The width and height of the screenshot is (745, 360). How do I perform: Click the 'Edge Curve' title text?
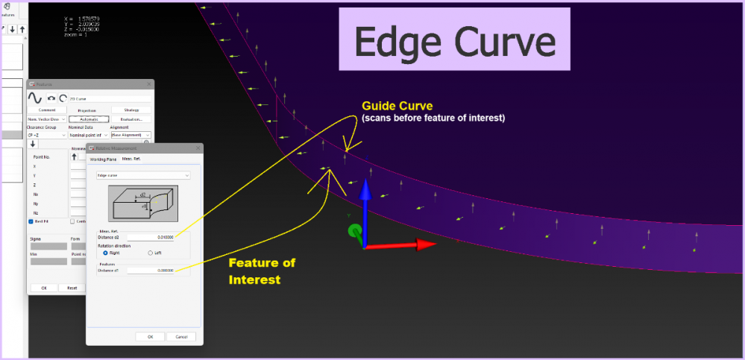click(454, 41)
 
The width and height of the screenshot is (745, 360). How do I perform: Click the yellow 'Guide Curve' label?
click(397, 106)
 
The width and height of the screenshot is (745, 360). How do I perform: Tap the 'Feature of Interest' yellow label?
click(262, 271)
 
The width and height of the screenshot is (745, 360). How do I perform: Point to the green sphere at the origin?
click(355, 231)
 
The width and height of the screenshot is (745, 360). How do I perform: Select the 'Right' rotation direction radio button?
click(104, 253)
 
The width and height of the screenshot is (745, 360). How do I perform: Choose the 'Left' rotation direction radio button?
click(151, 253)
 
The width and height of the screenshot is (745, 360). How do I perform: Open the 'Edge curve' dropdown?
click(143, 175)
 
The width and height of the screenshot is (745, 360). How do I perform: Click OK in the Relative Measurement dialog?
click(150, 336)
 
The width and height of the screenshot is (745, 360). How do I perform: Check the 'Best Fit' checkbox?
click(31, 221)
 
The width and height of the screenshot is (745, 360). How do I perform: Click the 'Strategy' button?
click(131, 110)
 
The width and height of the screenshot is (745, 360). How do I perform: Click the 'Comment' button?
click(47, 110)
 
